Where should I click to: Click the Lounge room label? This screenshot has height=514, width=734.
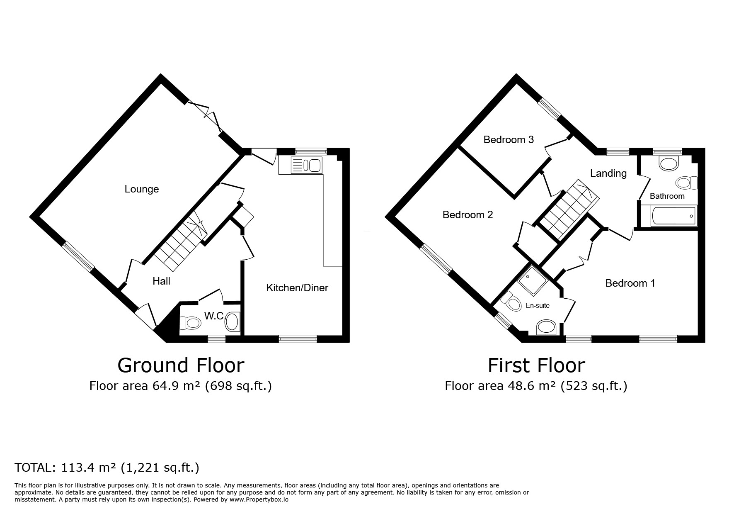click(x=142, y=189)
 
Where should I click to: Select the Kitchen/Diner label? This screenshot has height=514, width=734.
click(x=297, y=287)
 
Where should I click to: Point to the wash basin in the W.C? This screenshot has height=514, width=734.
click(x=232, y=322)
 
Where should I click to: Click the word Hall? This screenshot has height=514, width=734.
click(x=161, y=281)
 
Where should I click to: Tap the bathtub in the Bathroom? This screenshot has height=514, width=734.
click(x=673, y=216)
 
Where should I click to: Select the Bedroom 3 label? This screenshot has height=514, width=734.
click(x=509, y=140)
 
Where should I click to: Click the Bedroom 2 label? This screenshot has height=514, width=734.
click(x=468, y=215)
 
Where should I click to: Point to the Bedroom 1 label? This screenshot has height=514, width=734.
click(x=630, y=283)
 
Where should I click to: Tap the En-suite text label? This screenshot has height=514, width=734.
click(x=538, y=306)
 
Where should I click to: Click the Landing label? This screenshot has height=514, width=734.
click(x=608, y=173)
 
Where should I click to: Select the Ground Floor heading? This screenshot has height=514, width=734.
click(x=181, y=365)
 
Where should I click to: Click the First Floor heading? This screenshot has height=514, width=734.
click(x=536, y=365)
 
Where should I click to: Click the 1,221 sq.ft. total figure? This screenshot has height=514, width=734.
click(x=160, y=468)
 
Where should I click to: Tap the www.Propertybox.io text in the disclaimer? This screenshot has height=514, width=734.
click(x=259, y=500)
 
